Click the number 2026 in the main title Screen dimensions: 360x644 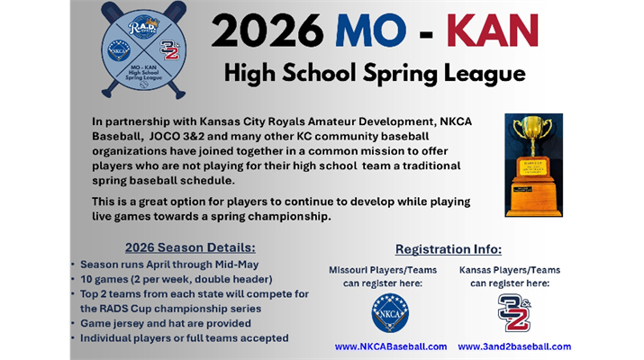[267, 31]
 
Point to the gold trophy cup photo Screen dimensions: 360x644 [533, 164]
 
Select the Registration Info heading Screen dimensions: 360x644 [449, 249]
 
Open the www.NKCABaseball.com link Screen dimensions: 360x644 [391, 346]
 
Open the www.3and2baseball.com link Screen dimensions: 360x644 [514, 346]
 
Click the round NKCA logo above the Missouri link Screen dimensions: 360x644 [390, 312]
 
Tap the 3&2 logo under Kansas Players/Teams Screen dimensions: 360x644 [513, 311]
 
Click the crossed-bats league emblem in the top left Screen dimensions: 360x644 [143, 49]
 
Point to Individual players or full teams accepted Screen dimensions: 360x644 [185, 337]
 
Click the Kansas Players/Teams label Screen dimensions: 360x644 [510, 269]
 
